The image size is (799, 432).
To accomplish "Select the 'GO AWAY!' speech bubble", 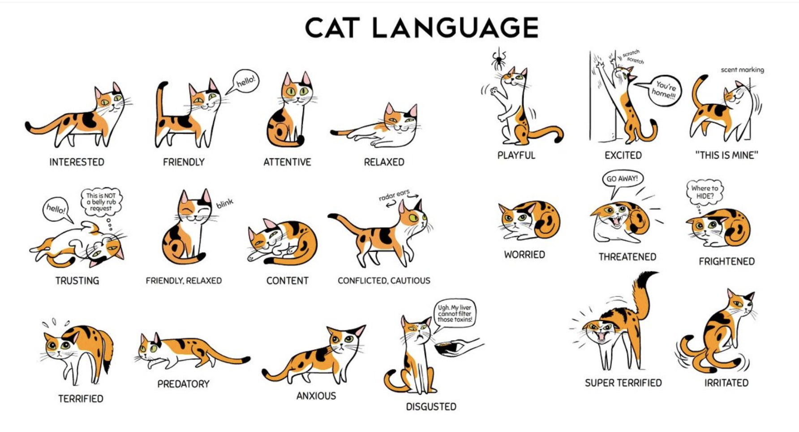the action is click(x=622, y=181).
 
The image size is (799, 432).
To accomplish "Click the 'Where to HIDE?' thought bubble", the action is click(x=704, y=192).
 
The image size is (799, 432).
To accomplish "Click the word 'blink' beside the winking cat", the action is click(x=225, y=203).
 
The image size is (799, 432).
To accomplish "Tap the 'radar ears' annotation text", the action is click(x=394, y=195).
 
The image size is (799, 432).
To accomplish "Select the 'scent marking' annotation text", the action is click(x=742, y=70).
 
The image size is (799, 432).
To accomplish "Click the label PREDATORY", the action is click(x=183, y=384).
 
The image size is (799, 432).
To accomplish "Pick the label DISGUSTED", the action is click(x=431, y=407).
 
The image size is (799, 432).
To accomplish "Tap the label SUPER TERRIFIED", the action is click(x=623, y=383).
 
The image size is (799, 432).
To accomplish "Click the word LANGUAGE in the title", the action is click(x=455, y=28).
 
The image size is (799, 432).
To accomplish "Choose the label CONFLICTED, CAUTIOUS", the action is click(x=384, y=280).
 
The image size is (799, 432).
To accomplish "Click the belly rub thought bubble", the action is click(x=101, y=202).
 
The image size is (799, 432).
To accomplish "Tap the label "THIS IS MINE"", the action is click(x=726, y=155).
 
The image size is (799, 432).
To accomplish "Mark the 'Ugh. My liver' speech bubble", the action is click(x=454, y=314).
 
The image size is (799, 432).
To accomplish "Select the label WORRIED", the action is click(x=524, y=254).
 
